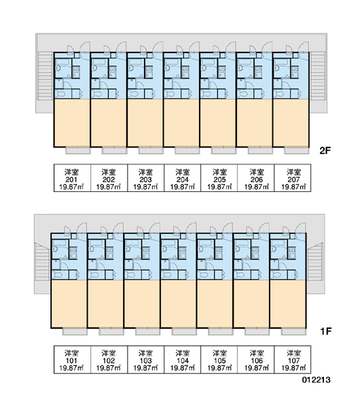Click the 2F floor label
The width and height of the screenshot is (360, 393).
(325, 151)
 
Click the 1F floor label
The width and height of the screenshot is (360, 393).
(326, 331)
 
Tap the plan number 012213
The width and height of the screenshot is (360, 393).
(316, 379)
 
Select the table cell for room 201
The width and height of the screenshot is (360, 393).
(72, 178)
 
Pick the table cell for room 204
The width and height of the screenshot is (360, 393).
(183, 178)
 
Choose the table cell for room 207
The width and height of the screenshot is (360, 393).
(293, 178)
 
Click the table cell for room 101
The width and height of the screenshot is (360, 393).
(72, 360)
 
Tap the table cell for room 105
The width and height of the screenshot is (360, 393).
(219, 360)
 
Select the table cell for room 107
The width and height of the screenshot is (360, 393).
(293, 360)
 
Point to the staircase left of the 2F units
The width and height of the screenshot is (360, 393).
(45, 76)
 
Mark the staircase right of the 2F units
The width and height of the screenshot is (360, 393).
(317, 76)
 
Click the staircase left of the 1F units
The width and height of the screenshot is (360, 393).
(42, 262)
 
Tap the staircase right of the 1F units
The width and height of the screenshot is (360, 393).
(315, 262)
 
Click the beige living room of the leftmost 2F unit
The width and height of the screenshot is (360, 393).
(72, 122)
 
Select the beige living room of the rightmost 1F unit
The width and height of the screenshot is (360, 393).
(288, 303)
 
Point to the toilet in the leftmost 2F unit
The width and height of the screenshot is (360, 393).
(60, 94)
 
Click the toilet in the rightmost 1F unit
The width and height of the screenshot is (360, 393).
(276, 274)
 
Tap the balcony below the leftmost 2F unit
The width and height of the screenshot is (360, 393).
(78, 151)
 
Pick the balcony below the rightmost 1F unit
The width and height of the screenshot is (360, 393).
(294, 331)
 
